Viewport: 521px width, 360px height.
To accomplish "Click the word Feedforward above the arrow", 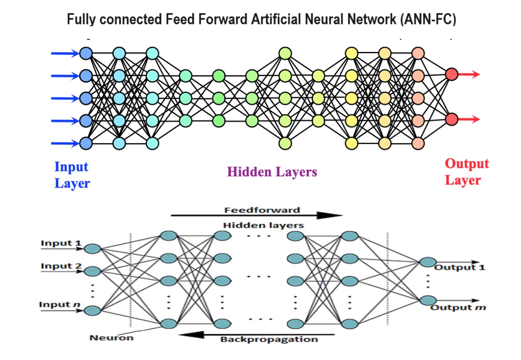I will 262,210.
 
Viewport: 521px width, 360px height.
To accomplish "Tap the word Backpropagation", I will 269,339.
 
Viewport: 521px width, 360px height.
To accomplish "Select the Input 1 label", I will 61,243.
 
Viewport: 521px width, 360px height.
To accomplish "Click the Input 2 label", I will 61,266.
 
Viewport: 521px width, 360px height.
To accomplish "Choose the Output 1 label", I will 460,268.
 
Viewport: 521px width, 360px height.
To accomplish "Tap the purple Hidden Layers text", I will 272,172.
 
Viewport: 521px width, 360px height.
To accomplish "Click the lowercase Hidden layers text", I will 263,225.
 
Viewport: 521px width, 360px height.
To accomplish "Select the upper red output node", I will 451,74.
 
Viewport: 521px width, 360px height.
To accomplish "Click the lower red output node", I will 451,119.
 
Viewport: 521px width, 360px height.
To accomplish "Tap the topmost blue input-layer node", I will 86,53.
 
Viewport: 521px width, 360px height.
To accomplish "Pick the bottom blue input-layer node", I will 86,143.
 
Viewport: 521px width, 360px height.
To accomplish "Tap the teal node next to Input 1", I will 93,249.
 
